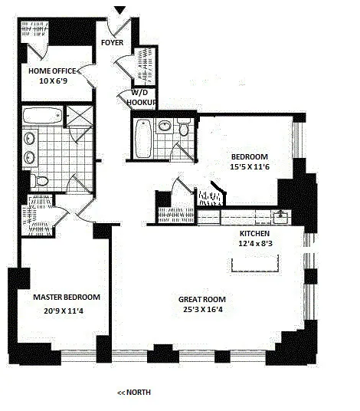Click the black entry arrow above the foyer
coord(119,9)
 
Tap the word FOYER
coord(113,43)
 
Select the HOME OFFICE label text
coord(53,71)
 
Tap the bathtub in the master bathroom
coord(41,117)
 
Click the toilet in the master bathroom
coord(41,179)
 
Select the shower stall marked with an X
coord(78,117)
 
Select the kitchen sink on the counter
coord(283,215)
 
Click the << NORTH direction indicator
coord(134,393)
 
